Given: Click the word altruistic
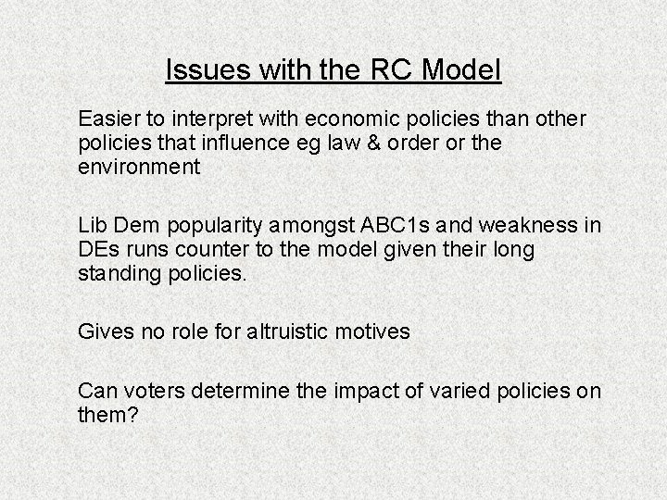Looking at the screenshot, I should pyautogui.click(x=278, y=331).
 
